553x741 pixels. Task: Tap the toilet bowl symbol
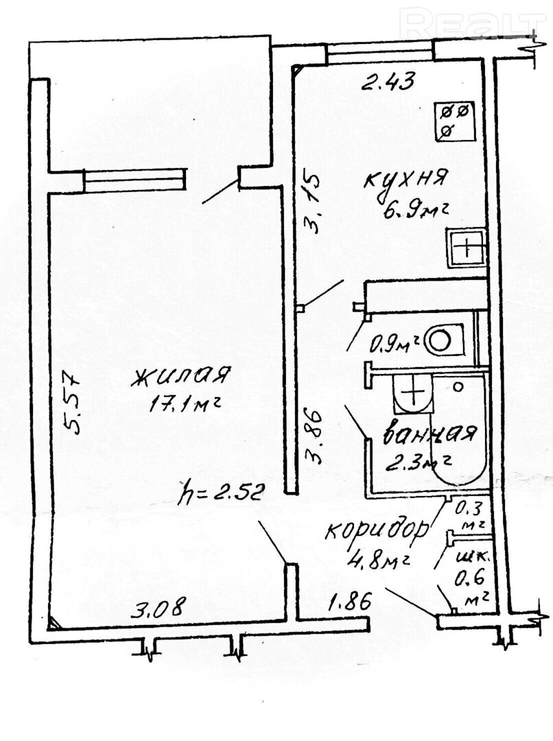(442, 339)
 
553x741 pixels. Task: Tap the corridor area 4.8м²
(379, 559)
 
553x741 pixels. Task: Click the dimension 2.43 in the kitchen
(388, 84)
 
